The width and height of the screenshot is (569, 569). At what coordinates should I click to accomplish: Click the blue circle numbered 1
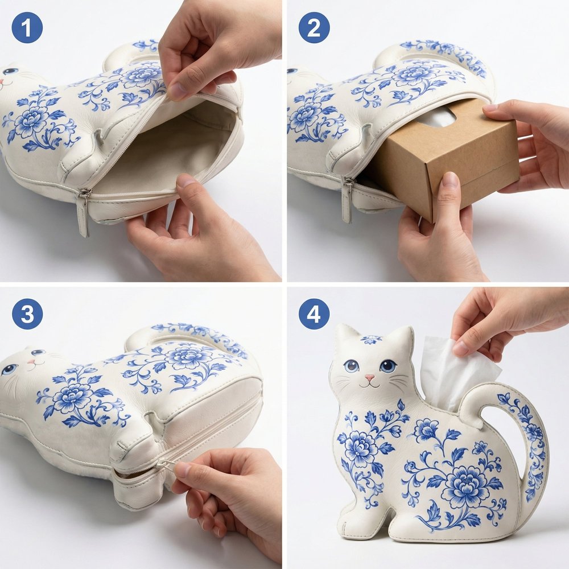(x=27, y=27)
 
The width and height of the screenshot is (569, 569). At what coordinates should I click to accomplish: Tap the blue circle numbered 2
(x=314, y=27)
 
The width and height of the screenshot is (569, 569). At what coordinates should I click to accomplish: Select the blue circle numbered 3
(x=27, y=314)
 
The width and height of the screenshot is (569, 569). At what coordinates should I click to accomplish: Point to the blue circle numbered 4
(x=314, y=314)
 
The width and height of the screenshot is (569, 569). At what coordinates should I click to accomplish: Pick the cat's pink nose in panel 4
(x=369, y=378)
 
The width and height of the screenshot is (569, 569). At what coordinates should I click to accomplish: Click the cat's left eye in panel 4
(x=351, y=366)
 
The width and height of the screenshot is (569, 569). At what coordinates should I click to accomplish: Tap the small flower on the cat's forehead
(x=371, y=340)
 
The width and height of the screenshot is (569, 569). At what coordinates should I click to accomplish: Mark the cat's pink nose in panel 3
(x=31, y=362)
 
